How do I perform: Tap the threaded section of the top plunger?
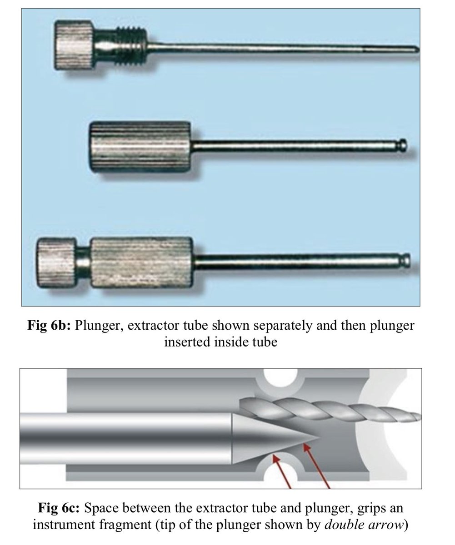[132, 44]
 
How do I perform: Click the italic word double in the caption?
[341, 524]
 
